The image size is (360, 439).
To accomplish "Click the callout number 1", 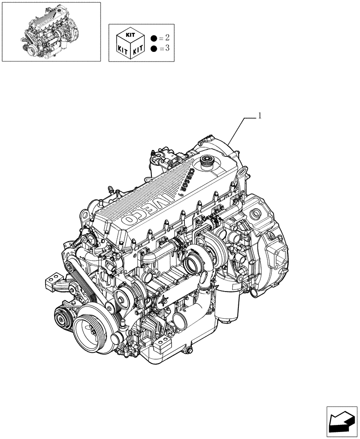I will [x=260, y=116].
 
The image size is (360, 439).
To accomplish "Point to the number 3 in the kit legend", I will [x=167, y=48].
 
